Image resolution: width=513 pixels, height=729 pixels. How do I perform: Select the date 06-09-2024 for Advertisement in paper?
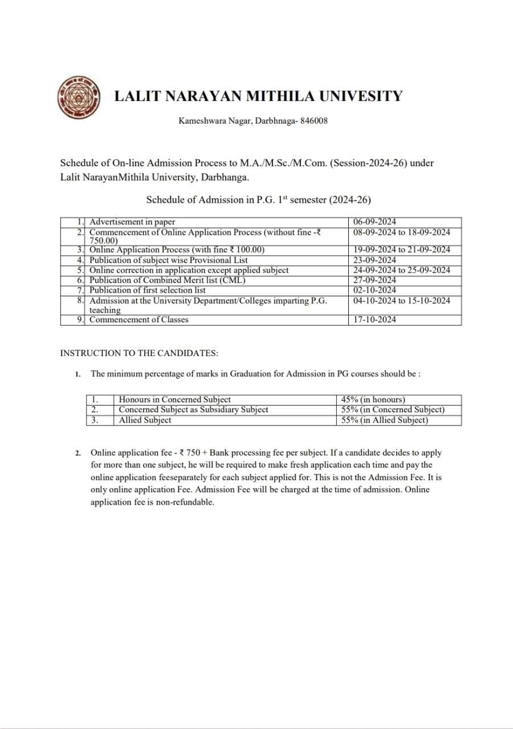(374, 222)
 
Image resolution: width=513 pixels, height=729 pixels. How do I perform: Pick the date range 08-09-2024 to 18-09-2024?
(401, 232)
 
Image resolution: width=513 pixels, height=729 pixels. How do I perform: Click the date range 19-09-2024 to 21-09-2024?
(401, 249)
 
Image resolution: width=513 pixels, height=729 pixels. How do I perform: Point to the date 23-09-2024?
(374, 260)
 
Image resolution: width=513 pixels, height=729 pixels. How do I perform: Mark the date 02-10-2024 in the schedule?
(374, 290)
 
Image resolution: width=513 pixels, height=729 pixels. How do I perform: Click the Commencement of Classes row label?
(139, 320)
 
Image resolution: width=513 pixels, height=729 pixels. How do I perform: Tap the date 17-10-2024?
(374, 320)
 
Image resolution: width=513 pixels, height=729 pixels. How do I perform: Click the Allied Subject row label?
(145, 420)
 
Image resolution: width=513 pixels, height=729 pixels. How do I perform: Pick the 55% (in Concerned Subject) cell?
(393, 409)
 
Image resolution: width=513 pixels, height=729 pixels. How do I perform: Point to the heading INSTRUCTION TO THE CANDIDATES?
(139, 353)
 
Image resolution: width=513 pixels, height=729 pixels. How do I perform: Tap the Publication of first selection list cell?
(148, 290)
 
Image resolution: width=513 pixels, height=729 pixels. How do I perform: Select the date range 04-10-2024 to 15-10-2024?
(401, 300)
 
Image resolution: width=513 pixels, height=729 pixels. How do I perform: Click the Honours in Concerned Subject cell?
(174, 400)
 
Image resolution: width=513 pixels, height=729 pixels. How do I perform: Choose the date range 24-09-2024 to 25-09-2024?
(401, 270)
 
